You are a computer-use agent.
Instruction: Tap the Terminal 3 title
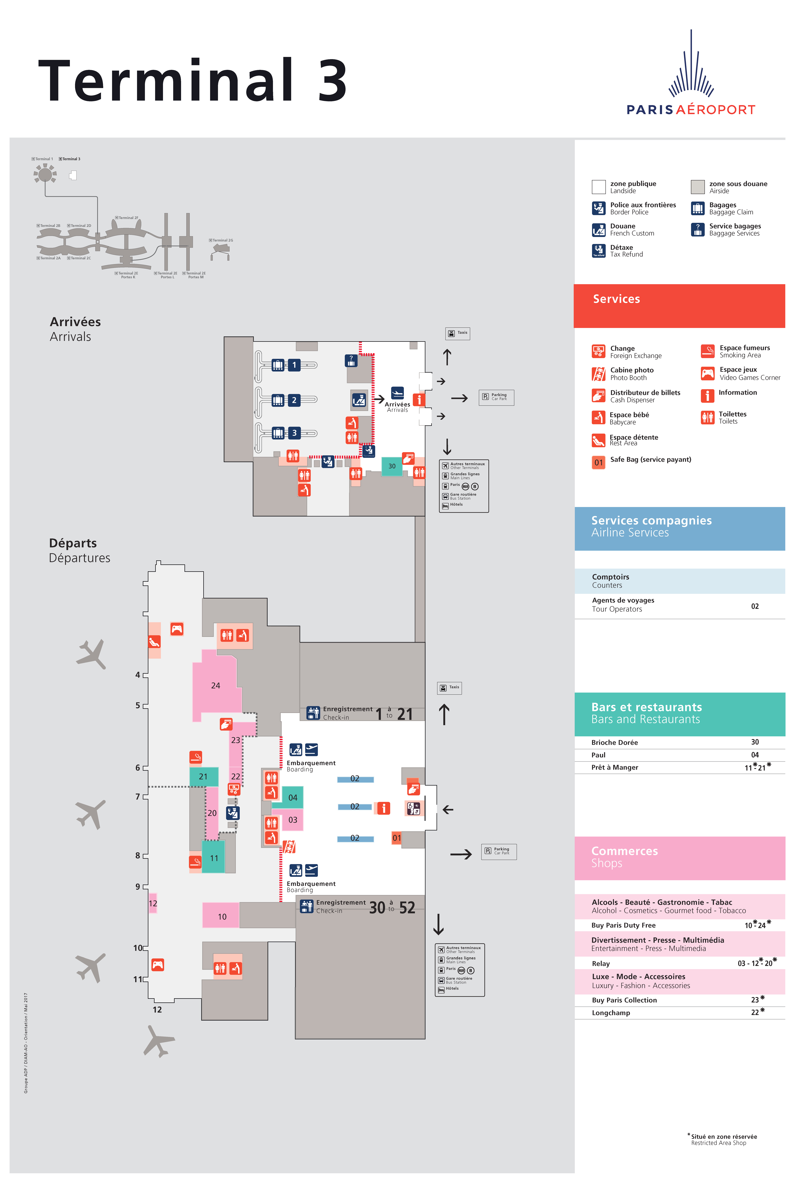(193, 81)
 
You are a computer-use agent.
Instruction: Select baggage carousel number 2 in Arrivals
(294, 400)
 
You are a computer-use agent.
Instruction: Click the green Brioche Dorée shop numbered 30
(391, 466)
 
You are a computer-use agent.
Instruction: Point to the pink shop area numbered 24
(216, 685)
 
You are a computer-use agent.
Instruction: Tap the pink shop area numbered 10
(222, 916)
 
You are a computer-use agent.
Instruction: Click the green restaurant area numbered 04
(293, 797)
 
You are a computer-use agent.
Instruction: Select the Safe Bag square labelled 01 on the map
(396, 838)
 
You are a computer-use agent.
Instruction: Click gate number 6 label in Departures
(137, 767)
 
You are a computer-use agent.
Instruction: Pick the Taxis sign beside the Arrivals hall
(457, 333)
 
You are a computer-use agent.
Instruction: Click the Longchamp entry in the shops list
(611, 1013)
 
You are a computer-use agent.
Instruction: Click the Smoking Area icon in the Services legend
(707, 351)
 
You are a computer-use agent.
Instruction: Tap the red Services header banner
(679, 306)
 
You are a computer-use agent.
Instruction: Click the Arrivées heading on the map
(75, 322)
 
